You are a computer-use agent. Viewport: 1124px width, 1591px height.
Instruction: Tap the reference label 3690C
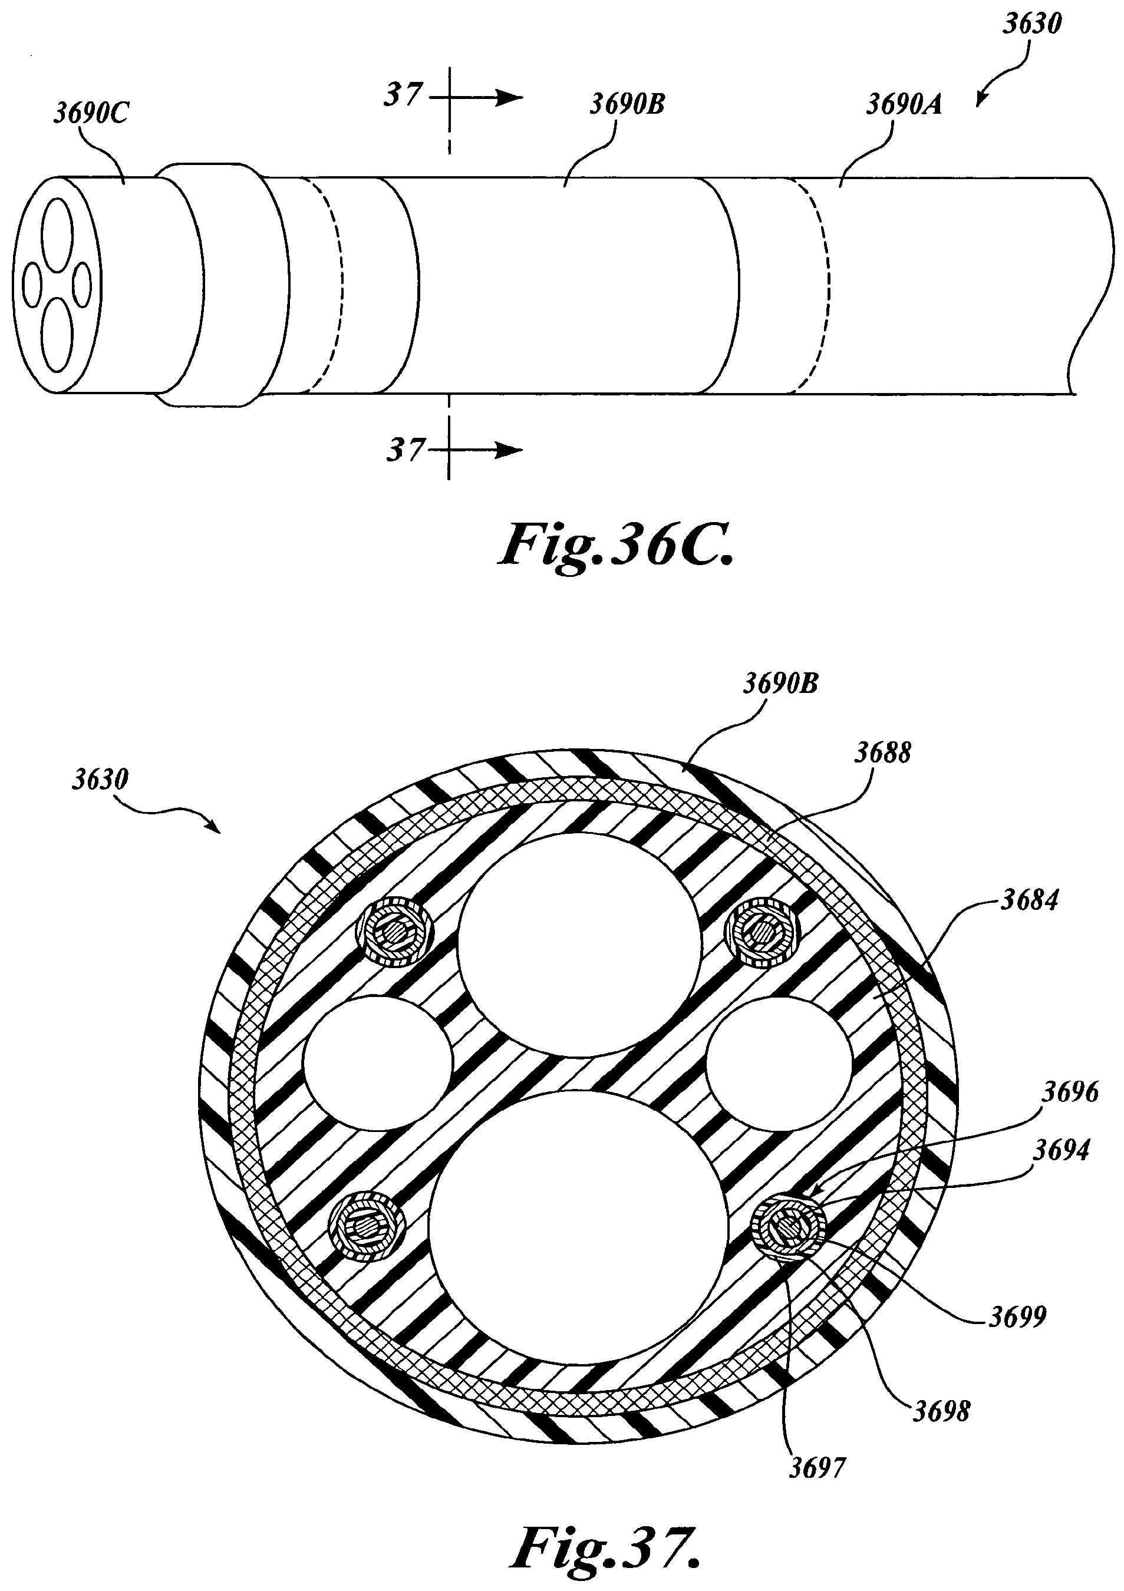(x=91, y=114)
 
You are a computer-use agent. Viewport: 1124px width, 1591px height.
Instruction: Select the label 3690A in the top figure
(x=904, y=105)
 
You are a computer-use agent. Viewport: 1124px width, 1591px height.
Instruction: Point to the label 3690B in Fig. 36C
(x=627, y=104)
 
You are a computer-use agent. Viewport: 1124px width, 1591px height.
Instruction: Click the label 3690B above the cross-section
(x=781, y=684)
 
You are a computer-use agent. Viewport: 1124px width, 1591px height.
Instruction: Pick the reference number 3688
(x=882, y=752)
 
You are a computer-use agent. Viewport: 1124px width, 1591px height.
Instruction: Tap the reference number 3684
(x=1029, y=900)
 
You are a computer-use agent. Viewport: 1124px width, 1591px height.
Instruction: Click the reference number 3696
(x=1070, y=1092)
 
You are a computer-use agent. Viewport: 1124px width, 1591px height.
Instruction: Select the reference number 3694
(x=1061, y=1150)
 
